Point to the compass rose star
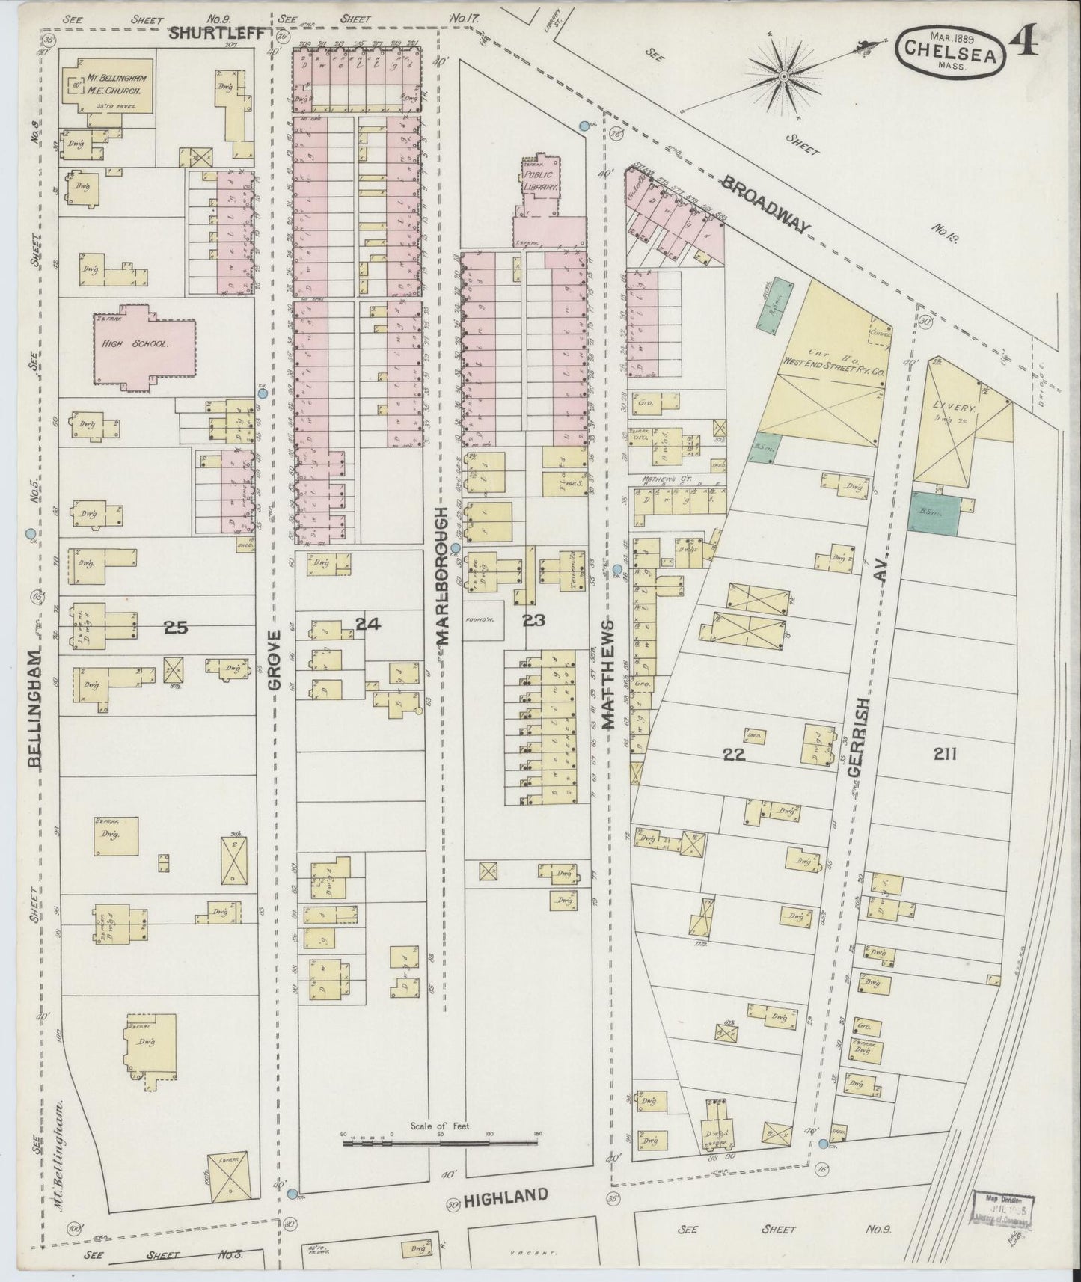783,76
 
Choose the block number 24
369,622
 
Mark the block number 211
945,754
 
